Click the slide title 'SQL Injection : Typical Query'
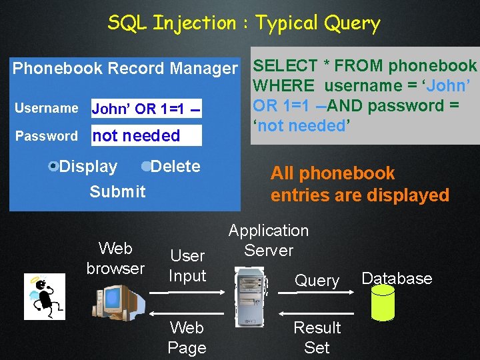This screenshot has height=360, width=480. click(244, 23)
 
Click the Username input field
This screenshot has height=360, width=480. click(147, 108)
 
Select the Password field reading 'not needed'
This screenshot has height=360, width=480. click(146, 135)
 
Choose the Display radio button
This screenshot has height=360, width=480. click(55, 166)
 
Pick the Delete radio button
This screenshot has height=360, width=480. click(146, 166)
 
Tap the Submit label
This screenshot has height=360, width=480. click(117, 191)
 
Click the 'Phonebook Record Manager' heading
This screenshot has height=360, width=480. click(125, 68)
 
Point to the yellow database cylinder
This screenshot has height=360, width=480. click(383, 303)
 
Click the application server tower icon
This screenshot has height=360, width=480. click(249, 297)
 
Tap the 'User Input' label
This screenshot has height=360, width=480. click(187, 265)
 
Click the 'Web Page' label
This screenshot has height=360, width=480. click(187, 337)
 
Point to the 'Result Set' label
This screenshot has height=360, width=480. click(317, 337)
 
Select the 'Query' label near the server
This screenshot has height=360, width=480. click(317, 281)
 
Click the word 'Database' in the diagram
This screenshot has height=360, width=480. click(397, 278)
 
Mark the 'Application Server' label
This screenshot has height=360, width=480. click(269, 240)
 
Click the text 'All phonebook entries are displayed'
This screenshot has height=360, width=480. click(359, 184)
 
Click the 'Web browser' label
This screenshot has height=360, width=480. click(115, 258)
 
